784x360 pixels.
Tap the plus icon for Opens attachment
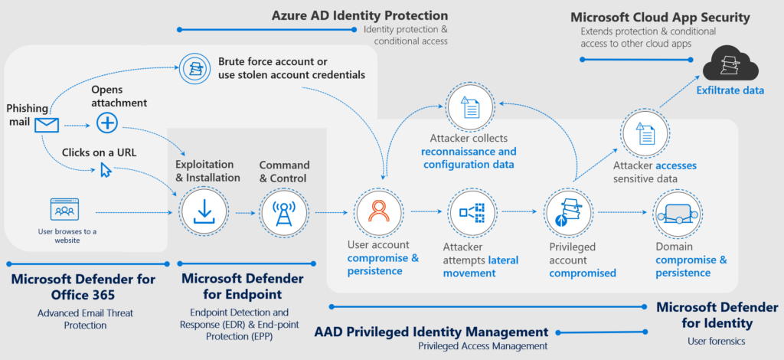click(x=106, y=122)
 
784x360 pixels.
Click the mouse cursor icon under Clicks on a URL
click(x=106, y=169)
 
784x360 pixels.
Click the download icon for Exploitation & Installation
click(x=204, y=209)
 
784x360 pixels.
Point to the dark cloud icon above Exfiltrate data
click(x=730, y=65)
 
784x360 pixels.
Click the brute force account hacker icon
click(x=195, y=68)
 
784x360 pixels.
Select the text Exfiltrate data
click(x=730, y=90)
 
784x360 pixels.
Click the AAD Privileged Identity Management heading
click(x=431, y=332)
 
